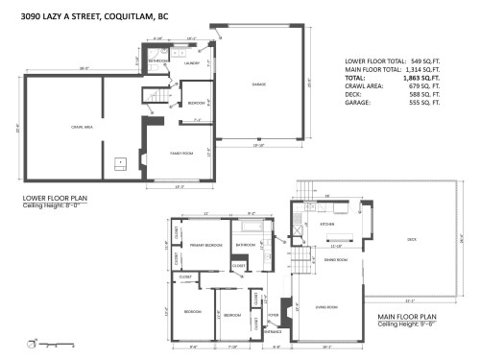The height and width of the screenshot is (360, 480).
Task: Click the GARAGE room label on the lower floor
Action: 259,84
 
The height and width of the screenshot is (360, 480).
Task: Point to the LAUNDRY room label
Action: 191,63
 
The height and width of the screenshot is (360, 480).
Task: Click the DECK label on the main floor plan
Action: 412,239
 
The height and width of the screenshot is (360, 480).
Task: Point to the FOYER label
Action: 273,313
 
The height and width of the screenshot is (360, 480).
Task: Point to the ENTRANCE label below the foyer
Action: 273,332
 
